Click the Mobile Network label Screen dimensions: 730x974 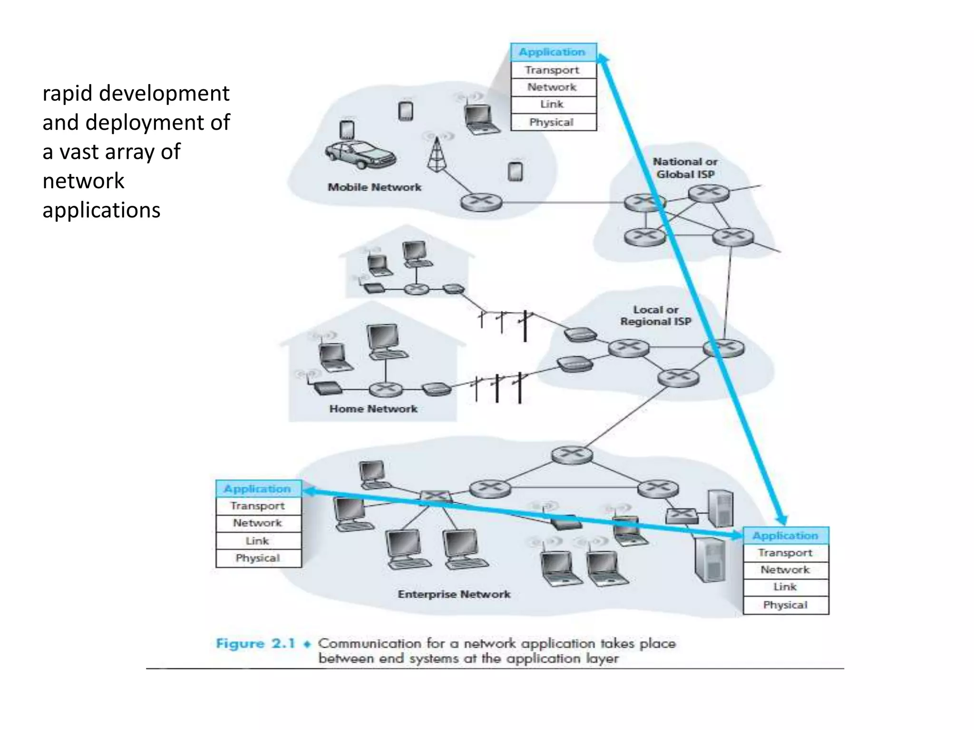pos(374,187)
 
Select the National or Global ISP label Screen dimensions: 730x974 pos(685,168)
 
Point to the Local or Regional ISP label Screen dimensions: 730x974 pos(655,316)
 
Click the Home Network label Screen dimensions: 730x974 pos(373,409)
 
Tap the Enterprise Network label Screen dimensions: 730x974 pos(454,594)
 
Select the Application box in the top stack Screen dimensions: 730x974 pos(553,52)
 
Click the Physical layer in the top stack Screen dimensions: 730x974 pos(553,122)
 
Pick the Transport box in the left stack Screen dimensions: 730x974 pos(258,506)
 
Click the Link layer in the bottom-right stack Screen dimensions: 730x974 pos(785,587)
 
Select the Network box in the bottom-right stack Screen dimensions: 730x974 pos(785,569)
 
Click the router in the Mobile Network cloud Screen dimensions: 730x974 pos(481,202)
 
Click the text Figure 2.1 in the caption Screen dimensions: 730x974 pos(255,644)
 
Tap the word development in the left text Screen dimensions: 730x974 pos(164,93)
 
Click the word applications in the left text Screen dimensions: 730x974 pos(101,210)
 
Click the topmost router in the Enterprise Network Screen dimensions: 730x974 pos(572,454)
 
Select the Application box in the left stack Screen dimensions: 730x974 pos(258,489)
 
